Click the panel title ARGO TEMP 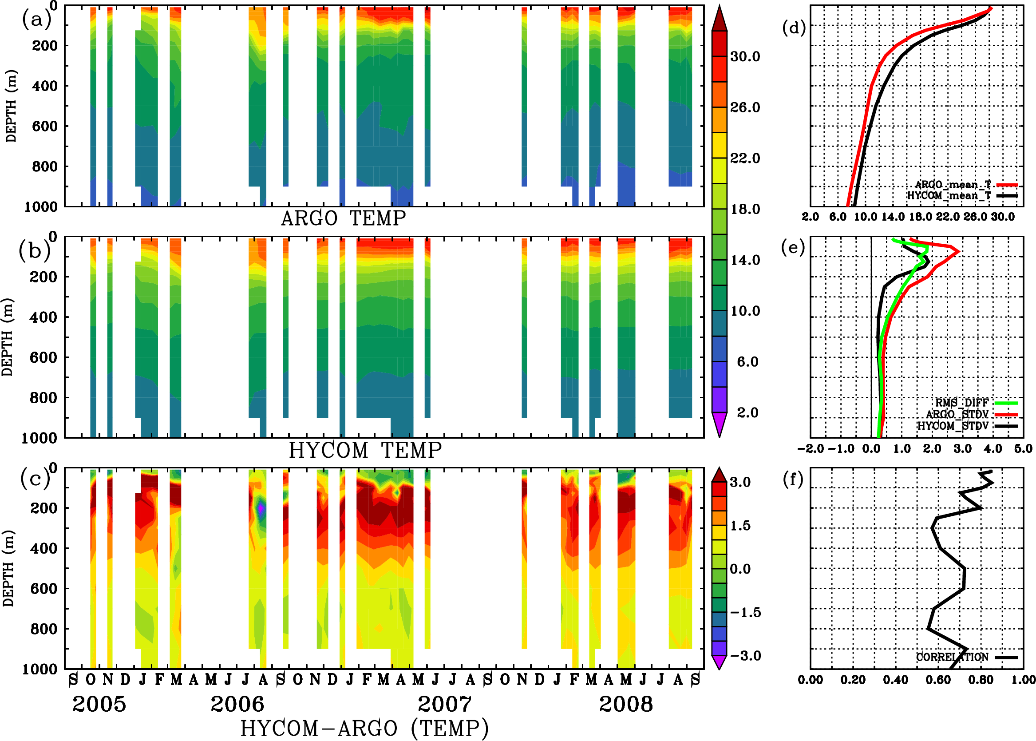tap(343, 218)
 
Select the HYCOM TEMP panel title tap(365, 450)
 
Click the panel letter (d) tap(794, 28)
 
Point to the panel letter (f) tap(793, 479)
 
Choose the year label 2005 tap(99, 704)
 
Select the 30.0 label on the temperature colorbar tap(745, 56)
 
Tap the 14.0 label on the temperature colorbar tap(745, 260)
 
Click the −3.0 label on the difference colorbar tap(745, 656)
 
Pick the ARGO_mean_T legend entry tap(953, 185)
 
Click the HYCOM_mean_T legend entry tap(949, 196)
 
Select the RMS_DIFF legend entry tap(961, 403)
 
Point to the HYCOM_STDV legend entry tap(953, 426)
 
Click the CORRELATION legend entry tap(953, 657)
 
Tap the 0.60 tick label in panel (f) tap(938, 680)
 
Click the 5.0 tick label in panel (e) tap(1023, 449)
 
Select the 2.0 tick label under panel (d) tap(810, 217)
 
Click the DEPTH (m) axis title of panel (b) tap(7, 337)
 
